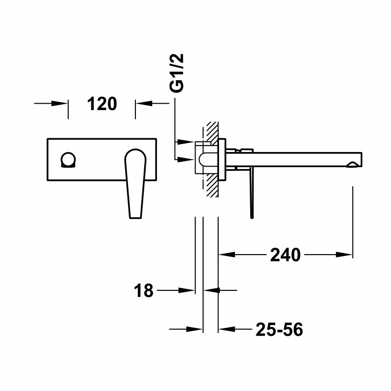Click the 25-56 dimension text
tap(279, 330)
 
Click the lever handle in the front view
tap(135, 181)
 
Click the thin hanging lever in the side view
tap(251, 193)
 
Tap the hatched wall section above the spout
tap(211, 131)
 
